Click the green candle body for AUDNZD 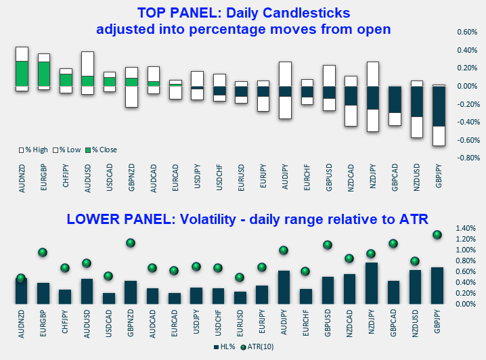pyautogui.click(x=22, y=73)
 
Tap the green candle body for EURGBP pyautogui.click(x=44, y=73)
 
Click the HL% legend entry pyautogui.click(x=226, y=346)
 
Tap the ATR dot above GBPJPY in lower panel pyautogui.click(x=437, y=235)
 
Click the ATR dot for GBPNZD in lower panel pyautogui.click(x=131, y=243)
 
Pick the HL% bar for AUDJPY pyautogui.click(x=284, y=287)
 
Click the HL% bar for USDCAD pyautogui.click(x=109, y=298)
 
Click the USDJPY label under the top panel pyautogui.click(x=197, y=179)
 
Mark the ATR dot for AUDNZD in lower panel pyautogui.click(x=21, y=277)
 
